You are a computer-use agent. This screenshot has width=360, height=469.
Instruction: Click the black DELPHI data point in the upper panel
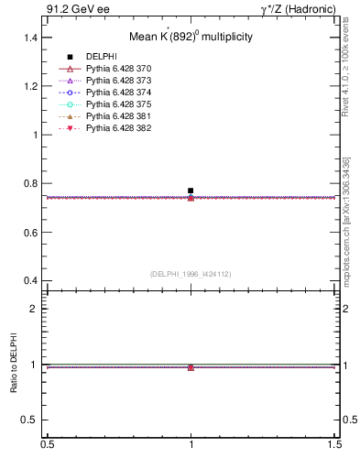tap(191, 191)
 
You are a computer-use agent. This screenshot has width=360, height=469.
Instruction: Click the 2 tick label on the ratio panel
tap(37, 309)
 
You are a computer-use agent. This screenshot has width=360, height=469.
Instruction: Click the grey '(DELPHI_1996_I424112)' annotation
tap(191, 273)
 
